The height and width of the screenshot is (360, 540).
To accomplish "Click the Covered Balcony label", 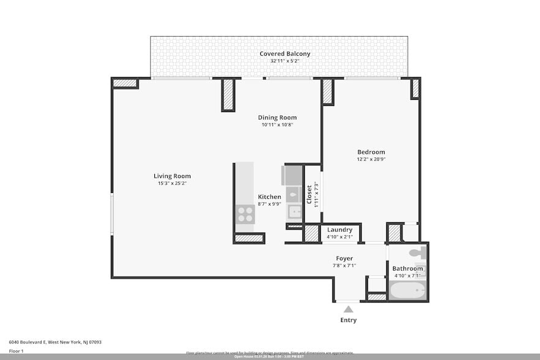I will click(285, 54).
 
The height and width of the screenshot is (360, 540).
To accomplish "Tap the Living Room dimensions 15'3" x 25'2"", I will click(172, 183).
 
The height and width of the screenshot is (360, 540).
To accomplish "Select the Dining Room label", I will click(277, 118).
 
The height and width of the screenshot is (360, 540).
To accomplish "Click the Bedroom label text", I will click(371, 152).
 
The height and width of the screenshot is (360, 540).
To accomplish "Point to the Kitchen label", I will click(269, 197).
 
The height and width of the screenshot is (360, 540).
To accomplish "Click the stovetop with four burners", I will click(245, 214).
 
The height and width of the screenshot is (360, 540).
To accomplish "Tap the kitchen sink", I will click(295, 212).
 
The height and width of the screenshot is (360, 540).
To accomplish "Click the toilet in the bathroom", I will click(416, 252).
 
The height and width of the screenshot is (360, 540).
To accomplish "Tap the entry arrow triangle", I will click(348, 309).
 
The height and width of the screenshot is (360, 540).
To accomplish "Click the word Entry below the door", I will click(348, 320).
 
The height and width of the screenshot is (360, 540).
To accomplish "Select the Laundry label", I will click(339, 230).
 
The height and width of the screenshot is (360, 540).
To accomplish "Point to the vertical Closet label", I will click(309, 195).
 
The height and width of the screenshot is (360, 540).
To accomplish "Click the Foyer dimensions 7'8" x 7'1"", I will click(344, 265).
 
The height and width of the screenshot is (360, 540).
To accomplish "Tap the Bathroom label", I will click(408, 269).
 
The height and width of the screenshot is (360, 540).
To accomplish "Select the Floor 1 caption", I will click(17, 351).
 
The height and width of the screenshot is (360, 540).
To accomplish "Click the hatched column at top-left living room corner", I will click(126, 83).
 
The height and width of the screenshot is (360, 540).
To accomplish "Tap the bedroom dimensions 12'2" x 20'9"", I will click(371, 159).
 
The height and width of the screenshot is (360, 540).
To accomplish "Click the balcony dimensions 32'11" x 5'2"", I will click(285, 61).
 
